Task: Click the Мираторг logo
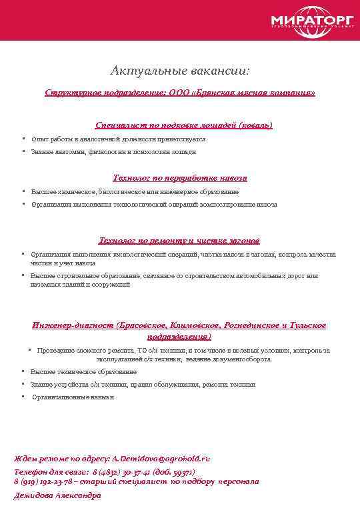click(309, 21)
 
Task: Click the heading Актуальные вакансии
click(180, 70)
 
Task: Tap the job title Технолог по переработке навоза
click(180, 178)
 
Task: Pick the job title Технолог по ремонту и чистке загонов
click(179, 240)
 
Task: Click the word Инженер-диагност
click(72, 325)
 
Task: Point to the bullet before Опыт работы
click(23, 139)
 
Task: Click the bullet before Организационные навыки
click(23, 396)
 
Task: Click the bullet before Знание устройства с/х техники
click(23, 384)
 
